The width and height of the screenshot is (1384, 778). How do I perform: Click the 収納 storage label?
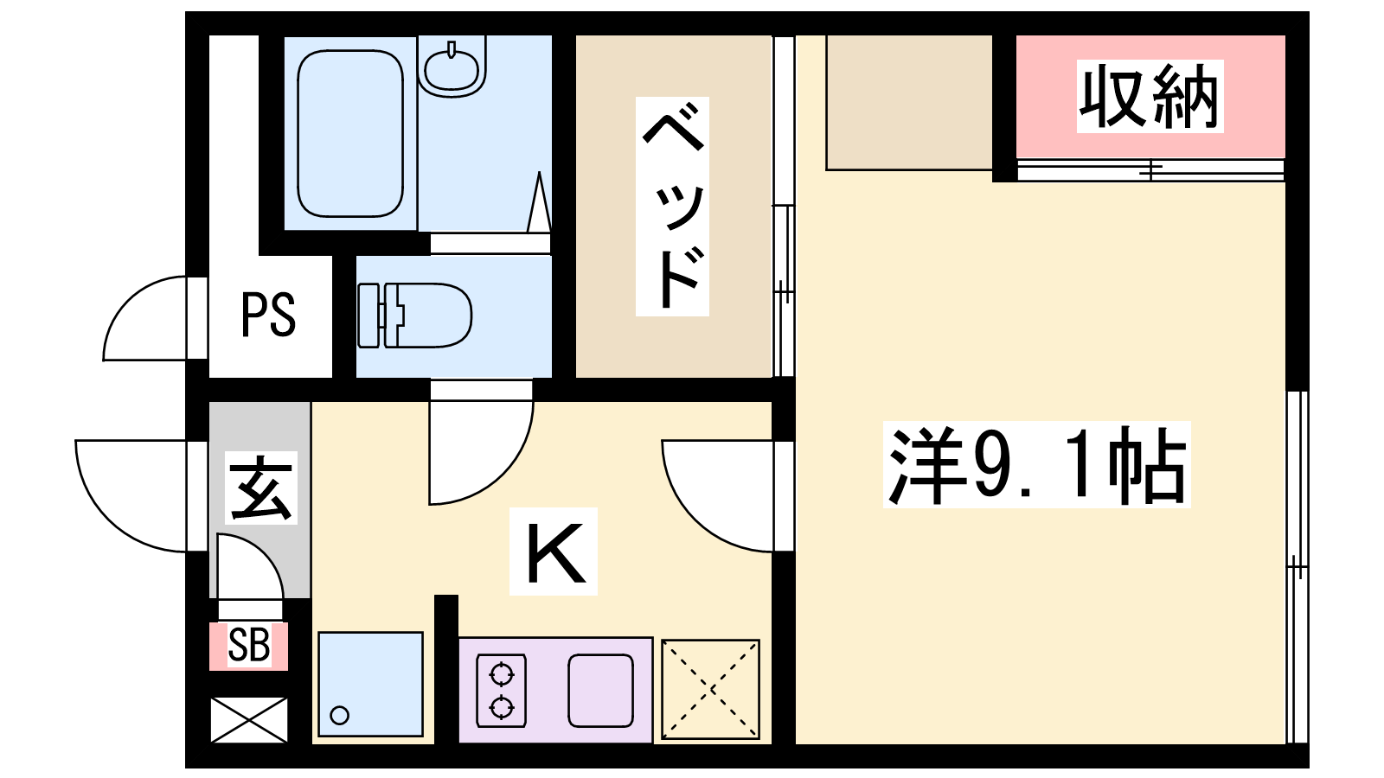[1150, 96]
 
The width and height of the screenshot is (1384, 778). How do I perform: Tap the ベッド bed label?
[672, 207]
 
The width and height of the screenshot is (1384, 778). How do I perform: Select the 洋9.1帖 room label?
[1036, 464]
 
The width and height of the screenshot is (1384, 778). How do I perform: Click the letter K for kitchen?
[554, 552]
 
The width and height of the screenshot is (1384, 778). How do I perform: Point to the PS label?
[267, 315]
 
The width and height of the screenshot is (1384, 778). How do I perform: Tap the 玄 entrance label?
[260, 488]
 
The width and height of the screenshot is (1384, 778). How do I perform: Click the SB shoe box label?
[248, 645]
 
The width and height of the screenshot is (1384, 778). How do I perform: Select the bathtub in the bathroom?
[350, 133]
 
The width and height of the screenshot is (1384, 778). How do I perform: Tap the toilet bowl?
[414, 316]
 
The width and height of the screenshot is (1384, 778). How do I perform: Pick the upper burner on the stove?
[501, 673]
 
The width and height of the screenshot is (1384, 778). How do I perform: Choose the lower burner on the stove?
[501, 706]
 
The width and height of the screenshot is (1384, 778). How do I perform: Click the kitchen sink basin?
[600, 691]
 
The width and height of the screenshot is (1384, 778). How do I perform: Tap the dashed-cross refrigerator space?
[710, 689]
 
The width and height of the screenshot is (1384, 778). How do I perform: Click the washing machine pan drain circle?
[340, 716]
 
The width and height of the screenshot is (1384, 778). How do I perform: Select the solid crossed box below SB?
[249, 720]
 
